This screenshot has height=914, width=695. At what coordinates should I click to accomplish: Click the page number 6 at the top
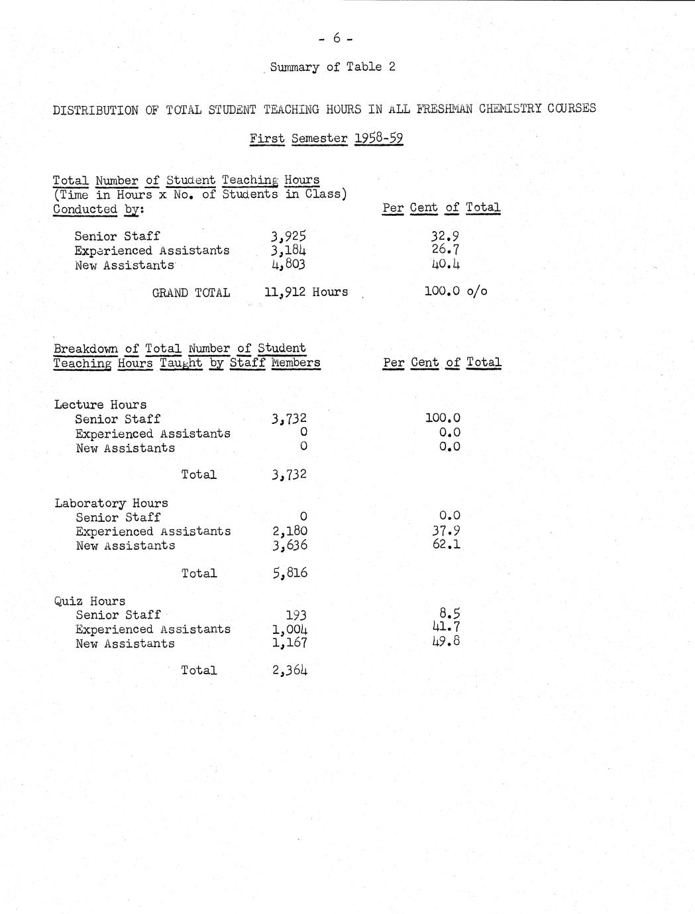pos(336,38)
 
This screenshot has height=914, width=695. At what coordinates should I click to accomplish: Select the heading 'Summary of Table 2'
pos(333,67)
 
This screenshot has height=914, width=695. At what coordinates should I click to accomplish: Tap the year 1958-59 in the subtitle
pos(378,138)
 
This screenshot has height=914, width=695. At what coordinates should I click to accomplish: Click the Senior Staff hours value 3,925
pos(289,236)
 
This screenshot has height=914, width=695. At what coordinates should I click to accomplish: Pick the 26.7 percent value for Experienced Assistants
pos(445,250)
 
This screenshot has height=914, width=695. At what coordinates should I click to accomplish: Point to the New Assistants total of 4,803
pos(289,265)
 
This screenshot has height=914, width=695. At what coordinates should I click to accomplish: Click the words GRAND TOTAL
pos(191,293)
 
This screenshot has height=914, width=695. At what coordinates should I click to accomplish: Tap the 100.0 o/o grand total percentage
pos(455,291)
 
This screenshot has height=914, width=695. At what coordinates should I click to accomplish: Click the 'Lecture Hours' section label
pos(101,405)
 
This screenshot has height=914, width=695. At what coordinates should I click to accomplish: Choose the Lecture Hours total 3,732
pos(290,475)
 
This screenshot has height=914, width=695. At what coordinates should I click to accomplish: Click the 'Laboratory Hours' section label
pos(111,503)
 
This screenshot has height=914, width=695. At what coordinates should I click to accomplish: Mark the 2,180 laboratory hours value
pos(290,531)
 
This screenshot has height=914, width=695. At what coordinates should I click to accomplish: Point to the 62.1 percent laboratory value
pos(446,545)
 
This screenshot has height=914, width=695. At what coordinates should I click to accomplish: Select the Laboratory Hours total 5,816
pos(290,573)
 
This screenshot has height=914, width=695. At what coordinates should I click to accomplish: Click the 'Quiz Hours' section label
pos(90,601)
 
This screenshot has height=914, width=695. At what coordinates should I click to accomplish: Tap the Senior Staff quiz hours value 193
pos(295,615)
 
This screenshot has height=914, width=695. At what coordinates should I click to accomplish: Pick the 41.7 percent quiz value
pos(446,627)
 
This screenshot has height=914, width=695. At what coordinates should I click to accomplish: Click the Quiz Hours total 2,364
pos(290,670)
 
